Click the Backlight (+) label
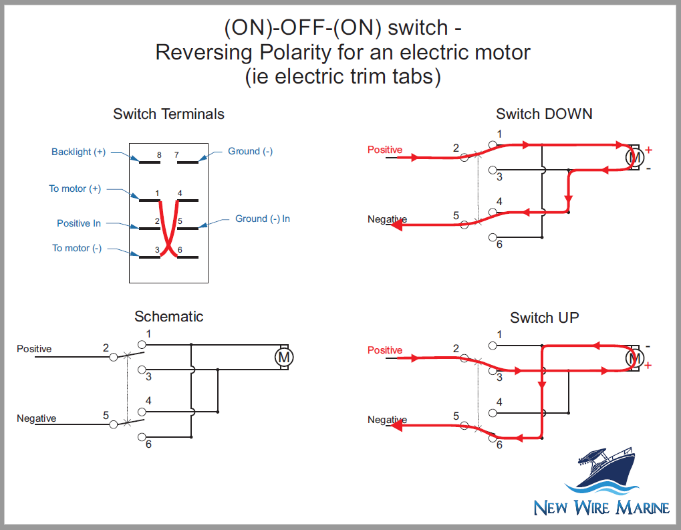coord(78,152)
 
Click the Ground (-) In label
coord(262,219)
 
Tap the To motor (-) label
coord(77,248)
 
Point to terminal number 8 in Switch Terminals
coord(158,155)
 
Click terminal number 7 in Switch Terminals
coord(176,155)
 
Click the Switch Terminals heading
coord(168,114)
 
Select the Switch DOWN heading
coord(543,114)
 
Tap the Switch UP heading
coord(544,317)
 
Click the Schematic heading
coord(168,316)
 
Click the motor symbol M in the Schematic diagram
coord(284,358)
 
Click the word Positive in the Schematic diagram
coord(34,349)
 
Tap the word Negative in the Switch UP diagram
coord(387,420)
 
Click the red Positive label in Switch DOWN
coord(385,150)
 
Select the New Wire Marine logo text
coord(601,508)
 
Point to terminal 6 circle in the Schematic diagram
coord(141,437)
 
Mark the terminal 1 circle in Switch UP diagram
coord(493,346)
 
